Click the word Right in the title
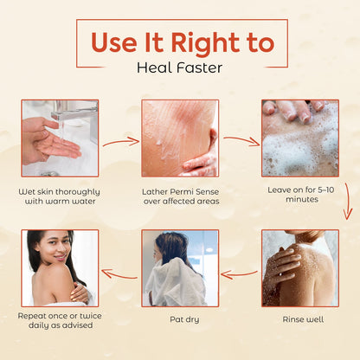pyautogui.click(x=205, y=43)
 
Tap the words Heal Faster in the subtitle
pyautogui.click(x=179, y=68)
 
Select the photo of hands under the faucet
pyautogui.click(x=60, y=138)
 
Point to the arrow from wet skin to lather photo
pyautogui.click(x=121, y=142)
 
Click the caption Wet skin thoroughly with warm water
pyautogui.click(x=60, y=196)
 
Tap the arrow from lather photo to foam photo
pyautogui.click(x=241, y=141)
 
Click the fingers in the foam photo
pyautogui.click(x=292, y=111)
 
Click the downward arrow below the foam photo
pyautogui.click(x=348, y=201)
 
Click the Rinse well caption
pyautogui.click(x=303, y=319)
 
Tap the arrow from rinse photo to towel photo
pyautogui.click(x=239, y=274)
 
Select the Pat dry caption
pyautogui.click(x=184, y=319)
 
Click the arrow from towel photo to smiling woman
pyautogui.click(x=119, y=273)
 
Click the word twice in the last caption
pyautogui.click(x=91, y=316)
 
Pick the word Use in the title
pyautogui.click(x=114, y=42)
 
